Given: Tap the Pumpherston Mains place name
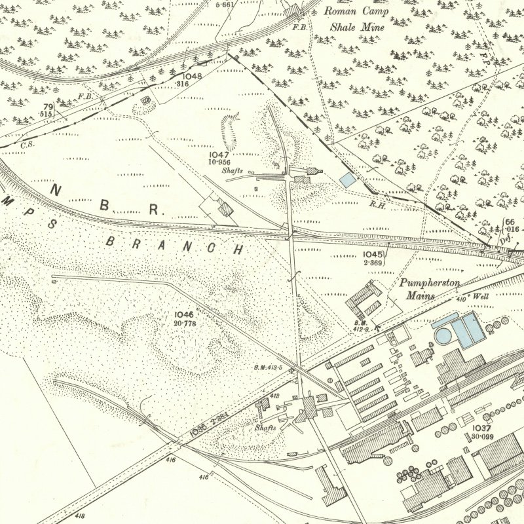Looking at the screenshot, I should (x=430, y=289).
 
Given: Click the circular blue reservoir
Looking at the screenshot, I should (x=444, y=336).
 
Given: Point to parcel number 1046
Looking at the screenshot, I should (x=185, y=315).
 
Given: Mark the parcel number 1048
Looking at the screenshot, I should (x=193, y=75).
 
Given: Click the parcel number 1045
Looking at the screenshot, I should (x=371, y=254).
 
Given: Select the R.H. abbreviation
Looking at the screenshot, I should (x=376, y=204).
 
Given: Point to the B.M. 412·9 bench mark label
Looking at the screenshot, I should (x=361, y=326).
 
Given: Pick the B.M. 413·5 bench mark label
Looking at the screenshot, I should (x=267, y=367).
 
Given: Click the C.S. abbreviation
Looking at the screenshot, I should (x=28, y=145).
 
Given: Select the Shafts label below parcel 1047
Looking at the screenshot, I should (x=233, y=170).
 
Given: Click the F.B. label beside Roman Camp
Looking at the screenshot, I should (x=301, y=27).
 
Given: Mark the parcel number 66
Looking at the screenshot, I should (x=510, y=223).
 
